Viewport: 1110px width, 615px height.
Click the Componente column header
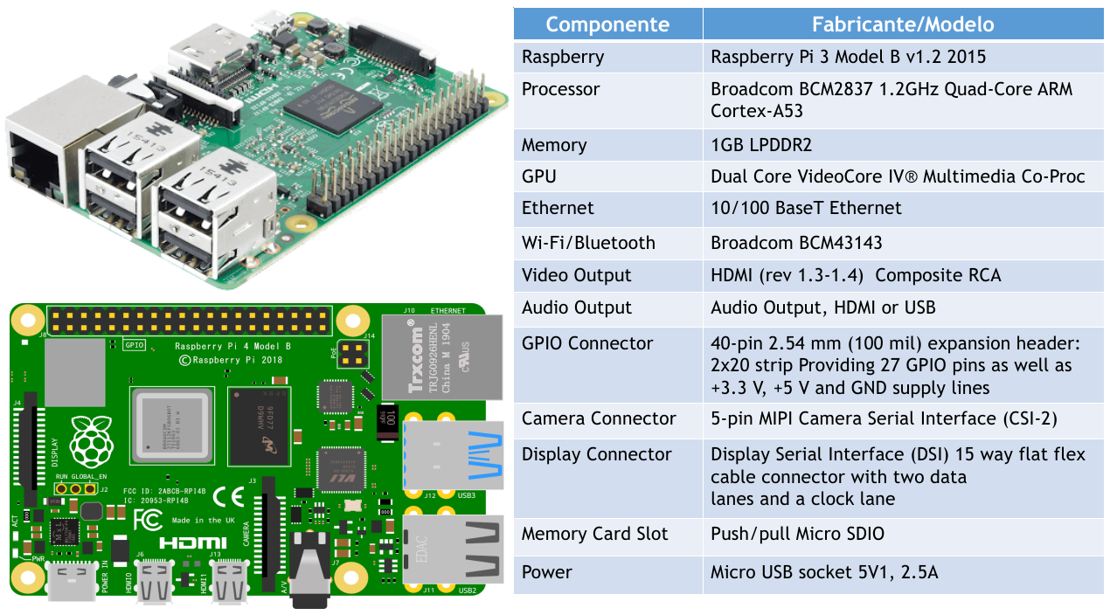607,24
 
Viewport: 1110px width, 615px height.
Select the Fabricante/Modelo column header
903,24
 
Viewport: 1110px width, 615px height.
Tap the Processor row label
561,89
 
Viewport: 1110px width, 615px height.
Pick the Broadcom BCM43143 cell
796,243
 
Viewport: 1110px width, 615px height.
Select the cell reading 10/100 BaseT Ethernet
806,208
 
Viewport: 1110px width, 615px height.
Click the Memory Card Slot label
594,534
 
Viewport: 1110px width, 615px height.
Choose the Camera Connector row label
599,418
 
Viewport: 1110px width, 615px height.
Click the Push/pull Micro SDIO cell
797,534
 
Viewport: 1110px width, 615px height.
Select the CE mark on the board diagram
228,497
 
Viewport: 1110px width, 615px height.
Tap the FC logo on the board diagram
147,521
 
